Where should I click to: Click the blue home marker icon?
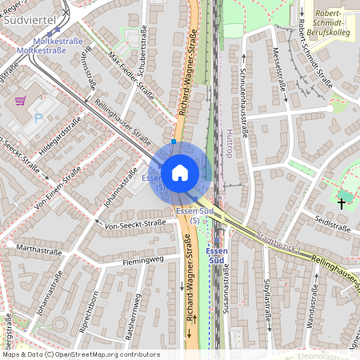click(x=180, y=171)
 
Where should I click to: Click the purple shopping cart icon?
click(x=20, y=102)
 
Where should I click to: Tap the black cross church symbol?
click(x=342, y=202)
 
